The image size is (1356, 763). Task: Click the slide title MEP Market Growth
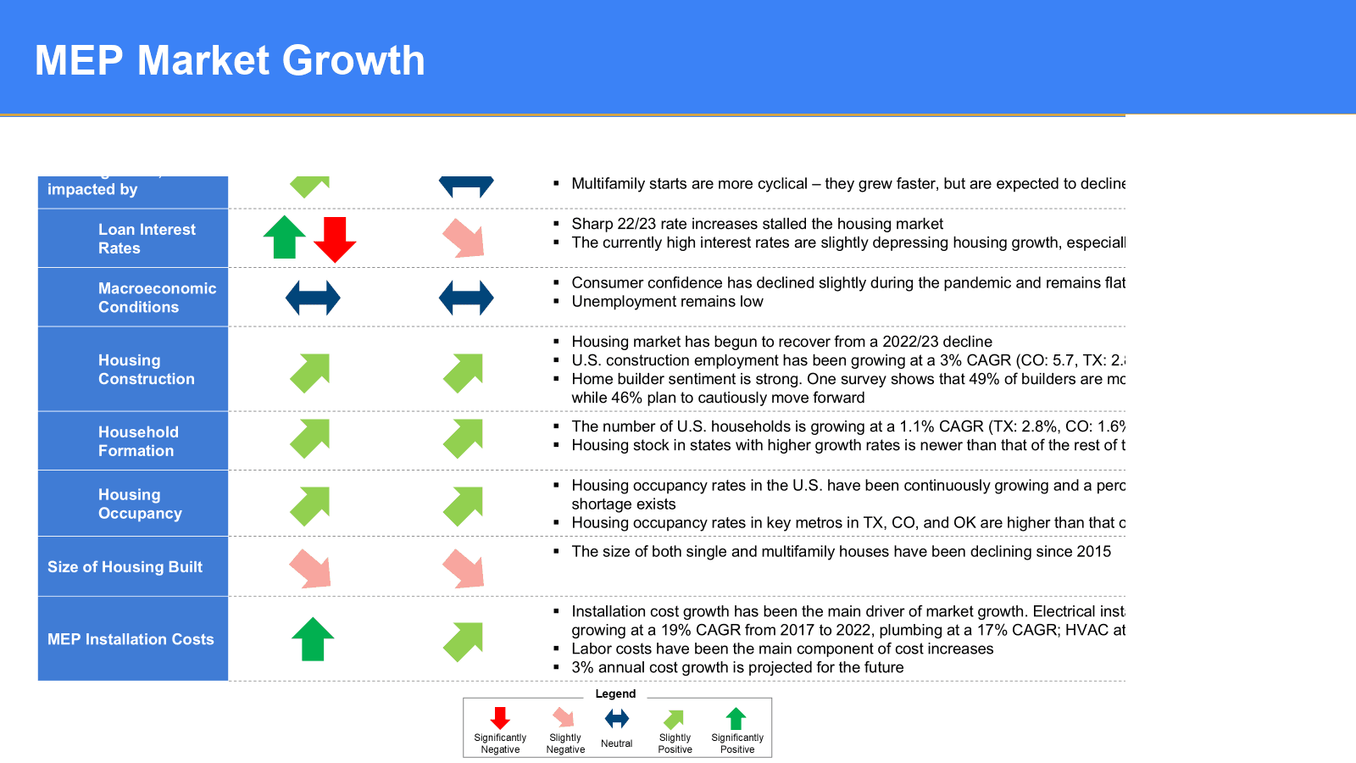click(230, 61)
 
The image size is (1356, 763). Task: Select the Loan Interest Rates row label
click(146, 239)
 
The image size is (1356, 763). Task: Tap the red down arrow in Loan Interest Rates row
click(335, 238)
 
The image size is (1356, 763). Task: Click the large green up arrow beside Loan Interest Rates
click(285, 237)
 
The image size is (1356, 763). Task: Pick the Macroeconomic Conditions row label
click(157, 298)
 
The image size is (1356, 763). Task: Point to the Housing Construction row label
click(146, 370)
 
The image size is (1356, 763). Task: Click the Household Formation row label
click(138, 442)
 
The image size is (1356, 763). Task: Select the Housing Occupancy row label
click(140, 504)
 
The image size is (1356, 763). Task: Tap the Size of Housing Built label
click(125, 567)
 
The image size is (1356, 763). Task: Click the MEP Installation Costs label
click(131, 639)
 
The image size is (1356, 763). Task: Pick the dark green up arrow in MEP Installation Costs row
click(313, 638)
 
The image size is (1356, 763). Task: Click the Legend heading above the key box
click(615, 693)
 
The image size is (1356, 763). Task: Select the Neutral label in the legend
click(616, 744)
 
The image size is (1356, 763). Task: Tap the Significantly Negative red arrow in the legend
click(500, 718)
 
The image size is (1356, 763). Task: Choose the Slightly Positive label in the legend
click(675, 744)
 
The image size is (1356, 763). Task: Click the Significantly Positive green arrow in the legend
click(736, 718)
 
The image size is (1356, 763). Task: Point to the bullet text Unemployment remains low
click(667, 302)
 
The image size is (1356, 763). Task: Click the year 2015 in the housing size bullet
click(1093, 552)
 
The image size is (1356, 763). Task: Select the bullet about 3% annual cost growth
click(737, 668)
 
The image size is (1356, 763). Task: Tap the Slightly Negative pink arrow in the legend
click(564, 717)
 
